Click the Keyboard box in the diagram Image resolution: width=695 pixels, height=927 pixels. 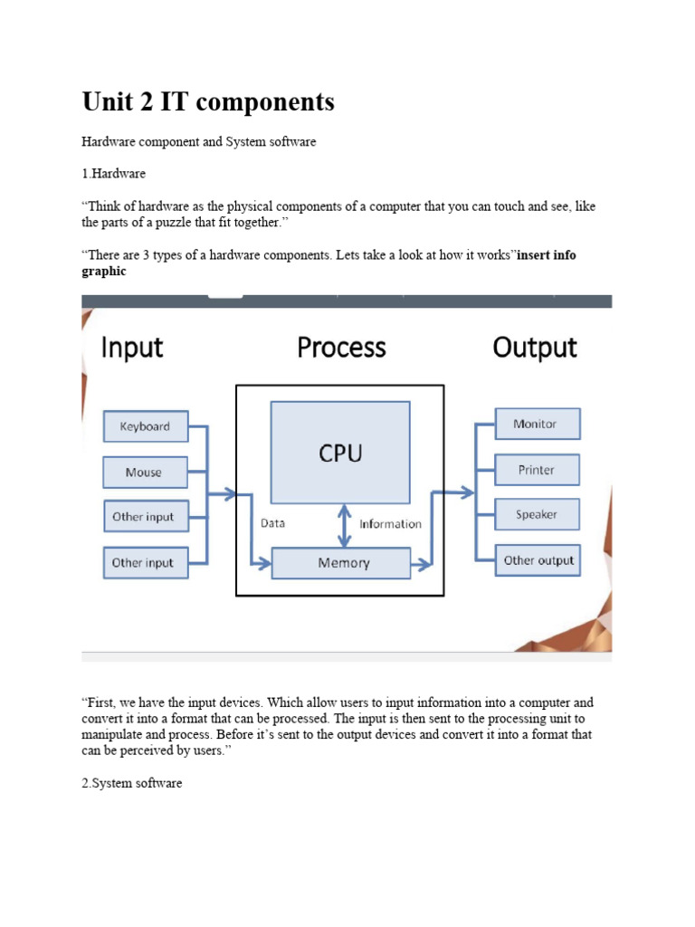(145, 426)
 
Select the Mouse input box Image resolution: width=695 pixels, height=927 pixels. (144, 472)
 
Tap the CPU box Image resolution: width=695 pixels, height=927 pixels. (340, 453)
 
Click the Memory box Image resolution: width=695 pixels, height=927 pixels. (343, 563)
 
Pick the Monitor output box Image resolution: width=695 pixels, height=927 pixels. (537, 424)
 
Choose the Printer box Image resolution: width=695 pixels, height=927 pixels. (537, 470)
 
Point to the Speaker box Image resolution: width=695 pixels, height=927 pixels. (537, 514)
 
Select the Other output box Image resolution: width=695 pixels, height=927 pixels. (538, 560)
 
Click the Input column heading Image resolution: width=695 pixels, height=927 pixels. (131, 348)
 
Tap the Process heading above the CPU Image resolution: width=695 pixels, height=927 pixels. (341, 348)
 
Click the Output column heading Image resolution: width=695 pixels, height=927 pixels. (535, 348)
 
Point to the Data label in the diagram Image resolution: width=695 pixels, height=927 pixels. (272, 523)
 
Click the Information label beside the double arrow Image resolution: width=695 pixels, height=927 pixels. (390, 523)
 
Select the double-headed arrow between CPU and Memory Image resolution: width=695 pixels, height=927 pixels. (343, 526)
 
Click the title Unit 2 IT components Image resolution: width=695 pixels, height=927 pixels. (208, 102)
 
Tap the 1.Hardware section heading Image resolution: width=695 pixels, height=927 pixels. (113, 173)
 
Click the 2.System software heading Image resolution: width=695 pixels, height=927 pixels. (132, 783)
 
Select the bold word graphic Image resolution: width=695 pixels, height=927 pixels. (104, 272)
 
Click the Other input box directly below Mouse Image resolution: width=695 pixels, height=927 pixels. (144, 517)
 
